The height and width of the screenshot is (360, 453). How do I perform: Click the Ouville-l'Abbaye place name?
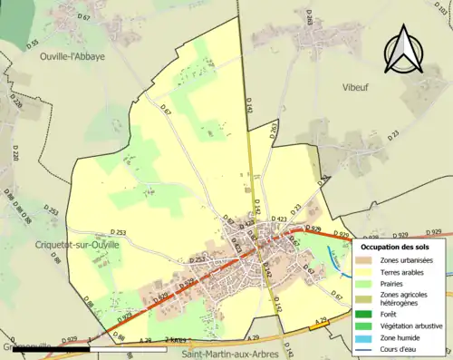47,55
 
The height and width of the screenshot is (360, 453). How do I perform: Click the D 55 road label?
34,42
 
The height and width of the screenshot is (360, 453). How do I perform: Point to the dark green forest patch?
18,23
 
